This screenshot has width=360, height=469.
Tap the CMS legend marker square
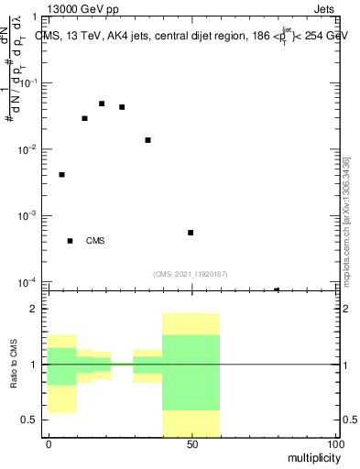pyautogui.click(x=71, y=241)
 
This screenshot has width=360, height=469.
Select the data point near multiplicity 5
pyautogui.click(x=62, y=175)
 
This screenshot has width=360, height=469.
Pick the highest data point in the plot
pyautogui.click(x=102, y=104)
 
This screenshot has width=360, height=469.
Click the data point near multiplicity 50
pyautogui.click(x=191, y=233)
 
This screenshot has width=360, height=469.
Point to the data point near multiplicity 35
pyautogui.click(x=147, y=140)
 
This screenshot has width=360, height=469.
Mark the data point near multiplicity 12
pyautogui.click(x=84, y=118)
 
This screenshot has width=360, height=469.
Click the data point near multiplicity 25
pyautogui.click(x=122, y=107)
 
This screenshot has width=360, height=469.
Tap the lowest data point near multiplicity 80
pyautogui.click(x=277, y=289)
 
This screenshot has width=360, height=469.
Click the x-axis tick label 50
pyautogui.click(x=191, y=444)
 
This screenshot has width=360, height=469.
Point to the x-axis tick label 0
pyautogui.click(x=49, y=444)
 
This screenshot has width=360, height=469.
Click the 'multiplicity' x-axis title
pyautogui.click(x=313, y=458)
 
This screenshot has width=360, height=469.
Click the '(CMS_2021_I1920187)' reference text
pyautogui.click(x=191, y=273)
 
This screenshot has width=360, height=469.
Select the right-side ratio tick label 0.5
pyautogui.click(x=350, y=420)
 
